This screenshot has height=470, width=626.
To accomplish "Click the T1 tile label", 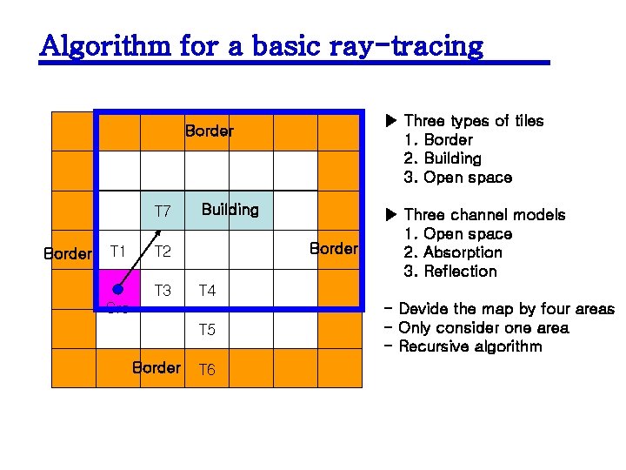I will pos(118,252).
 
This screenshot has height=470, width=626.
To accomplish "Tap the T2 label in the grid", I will pos(163,252).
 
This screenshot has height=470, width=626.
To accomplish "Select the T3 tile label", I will pos(163,291).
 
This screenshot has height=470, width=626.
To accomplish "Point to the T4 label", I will pos(207,291).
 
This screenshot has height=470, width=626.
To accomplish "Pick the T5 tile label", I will pos(207,330).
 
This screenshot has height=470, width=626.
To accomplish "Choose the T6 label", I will pos(207,370).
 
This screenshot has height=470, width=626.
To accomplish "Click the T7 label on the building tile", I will pos(163,211).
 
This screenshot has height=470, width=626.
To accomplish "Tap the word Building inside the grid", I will pos(230,210).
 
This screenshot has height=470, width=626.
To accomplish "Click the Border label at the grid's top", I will pos(209,131).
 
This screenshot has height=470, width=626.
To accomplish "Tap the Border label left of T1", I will pos(68,254).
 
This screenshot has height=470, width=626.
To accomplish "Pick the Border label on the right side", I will pos(334,248).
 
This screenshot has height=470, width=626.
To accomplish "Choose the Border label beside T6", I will pos(156,367).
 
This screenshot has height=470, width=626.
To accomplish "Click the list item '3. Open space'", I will pos(458,178).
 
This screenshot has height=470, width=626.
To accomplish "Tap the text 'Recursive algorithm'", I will pos(470,346).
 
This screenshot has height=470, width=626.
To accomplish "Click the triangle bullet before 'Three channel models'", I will pos(390,214).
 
